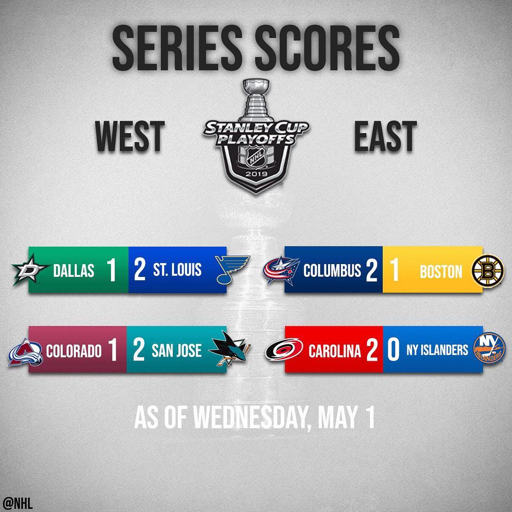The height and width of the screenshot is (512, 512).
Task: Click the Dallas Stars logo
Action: click(30, 270)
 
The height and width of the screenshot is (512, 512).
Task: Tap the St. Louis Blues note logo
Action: click(232, 269)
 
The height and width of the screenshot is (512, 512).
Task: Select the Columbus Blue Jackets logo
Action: click(282, 270)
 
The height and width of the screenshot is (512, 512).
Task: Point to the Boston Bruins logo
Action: click(486, 271)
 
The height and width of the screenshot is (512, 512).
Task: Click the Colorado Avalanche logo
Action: click(26, 352)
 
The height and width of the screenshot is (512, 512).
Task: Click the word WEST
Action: click(129, 136)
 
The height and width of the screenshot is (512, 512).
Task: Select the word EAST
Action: click(385, 136)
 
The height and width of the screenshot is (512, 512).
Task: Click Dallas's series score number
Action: click(111, 270)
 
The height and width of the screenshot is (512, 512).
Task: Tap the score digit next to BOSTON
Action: click(394, 270)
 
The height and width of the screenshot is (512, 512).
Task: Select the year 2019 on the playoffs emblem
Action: click(256, 174)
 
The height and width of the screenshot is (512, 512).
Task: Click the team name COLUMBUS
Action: click(332, 270)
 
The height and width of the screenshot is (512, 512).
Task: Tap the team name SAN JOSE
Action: click(176, 350)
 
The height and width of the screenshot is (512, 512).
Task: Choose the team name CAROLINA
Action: click(335, 350)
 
